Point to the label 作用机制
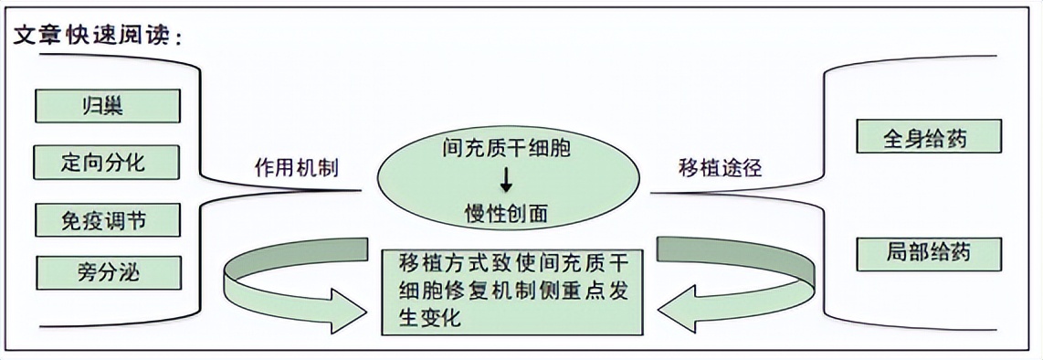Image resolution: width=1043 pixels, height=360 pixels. point(296,168)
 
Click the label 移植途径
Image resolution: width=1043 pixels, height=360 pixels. point(721,168)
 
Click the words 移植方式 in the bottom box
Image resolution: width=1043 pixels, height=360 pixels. point(435,264)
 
